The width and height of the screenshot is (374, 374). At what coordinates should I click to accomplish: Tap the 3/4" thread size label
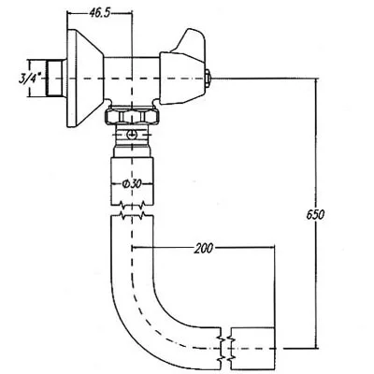pos(31,73)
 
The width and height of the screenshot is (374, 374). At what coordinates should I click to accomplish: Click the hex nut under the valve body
pos(134,116)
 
